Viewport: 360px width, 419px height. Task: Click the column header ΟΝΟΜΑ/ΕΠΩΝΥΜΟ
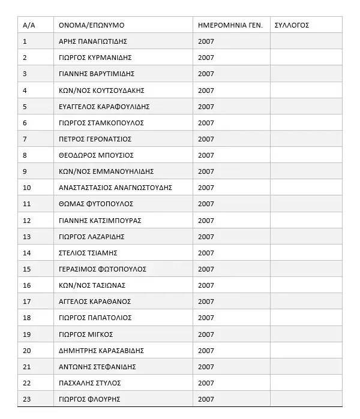[91, 25]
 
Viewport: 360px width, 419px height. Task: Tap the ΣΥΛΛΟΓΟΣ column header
[291, 25]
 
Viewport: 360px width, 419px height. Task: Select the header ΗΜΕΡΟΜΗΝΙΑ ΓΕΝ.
[230, 25]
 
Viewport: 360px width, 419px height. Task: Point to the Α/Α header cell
[29, 25]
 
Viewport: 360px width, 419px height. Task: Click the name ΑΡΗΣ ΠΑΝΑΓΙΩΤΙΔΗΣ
[93, 41]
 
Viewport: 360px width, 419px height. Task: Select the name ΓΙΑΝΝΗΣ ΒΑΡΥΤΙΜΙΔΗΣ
[96, 74]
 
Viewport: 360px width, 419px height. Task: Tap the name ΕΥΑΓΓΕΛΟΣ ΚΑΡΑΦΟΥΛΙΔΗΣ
[104, 107]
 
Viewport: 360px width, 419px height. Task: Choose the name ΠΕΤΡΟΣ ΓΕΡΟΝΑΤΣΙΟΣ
[95, 139]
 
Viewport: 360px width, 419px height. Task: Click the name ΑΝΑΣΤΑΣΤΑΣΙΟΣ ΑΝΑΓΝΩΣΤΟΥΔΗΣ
[115, 188]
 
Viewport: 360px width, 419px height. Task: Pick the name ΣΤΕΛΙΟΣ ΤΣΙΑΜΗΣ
[88, 253]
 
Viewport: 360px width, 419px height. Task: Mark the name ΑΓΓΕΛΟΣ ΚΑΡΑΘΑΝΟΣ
[94, 302]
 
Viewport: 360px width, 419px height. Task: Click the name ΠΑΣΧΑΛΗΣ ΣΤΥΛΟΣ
[89, 383]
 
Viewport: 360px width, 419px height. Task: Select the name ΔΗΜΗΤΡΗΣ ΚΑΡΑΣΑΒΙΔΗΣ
[101, 351]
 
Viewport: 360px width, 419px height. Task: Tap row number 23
[26, 399]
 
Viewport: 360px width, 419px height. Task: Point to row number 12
[26, 221]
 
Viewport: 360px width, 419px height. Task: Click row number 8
[25, 155]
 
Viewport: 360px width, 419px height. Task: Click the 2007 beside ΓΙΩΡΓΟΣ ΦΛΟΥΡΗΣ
[206, 399]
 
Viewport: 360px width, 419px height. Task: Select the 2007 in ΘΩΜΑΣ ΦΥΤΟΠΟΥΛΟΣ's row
[206, 204]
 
